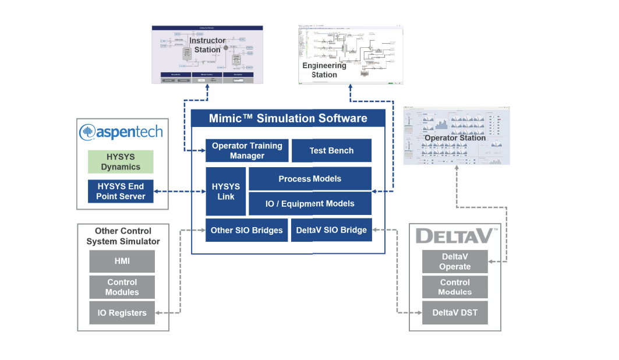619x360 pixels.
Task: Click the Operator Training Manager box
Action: point(247,150)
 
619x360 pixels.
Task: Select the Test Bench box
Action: point(331,150)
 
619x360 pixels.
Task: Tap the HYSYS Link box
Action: point(225,192)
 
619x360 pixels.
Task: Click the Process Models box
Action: point(310,179)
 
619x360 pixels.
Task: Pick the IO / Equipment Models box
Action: point(310,204)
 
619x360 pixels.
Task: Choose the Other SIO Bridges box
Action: point(246,230)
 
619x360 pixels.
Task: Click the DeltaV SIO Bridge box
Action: point(331,230)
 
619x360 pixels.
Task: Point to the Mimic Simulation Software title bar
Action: point(288,118)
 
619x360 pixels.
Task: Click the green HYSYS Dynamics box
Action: point(121,162)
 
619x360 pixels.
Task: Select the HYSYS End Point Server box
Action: point(121,191)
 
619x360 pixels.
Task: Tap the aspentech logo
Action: point(121,132)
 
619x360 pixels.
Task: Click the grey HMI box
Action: point(122,262)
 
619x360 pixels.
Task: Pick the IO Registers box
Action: point(122,313)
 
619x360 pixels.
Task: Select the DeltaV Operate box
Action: point(455,262)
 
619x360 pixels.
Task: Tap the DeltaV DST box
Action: point(455,313)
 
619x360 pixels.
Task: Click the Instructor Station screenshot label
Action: point(207,45)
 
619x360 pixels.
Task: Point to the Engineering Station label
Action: point(324,70)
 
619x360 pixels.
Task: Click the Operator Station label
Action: point(455,138)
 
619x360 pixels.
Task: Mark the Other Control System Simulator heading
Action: point(123,236)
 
